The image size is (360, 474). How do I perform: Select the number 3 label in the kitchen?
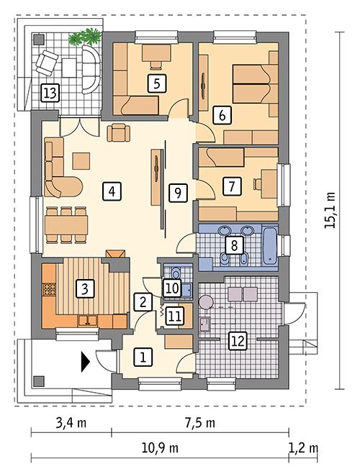pos(85,289)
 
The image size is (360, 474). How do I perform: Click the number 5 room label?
pos(155,83)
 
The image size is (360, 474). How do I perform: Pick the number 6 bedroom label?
pos(222,114)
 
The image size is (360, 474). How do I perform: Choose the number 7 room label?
pos(230,186)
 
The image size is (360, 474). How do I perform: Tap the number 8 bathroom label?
pos(233,245)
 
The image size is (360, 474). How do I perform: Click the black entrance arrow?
pos(86,360)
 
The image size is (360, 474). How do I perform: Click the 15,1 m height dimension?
pos(330,209)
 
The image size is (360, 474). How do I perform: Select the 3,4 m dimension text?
pos(71,423)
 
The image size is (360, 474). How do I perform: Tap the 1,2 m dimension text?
pos(304,448)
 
